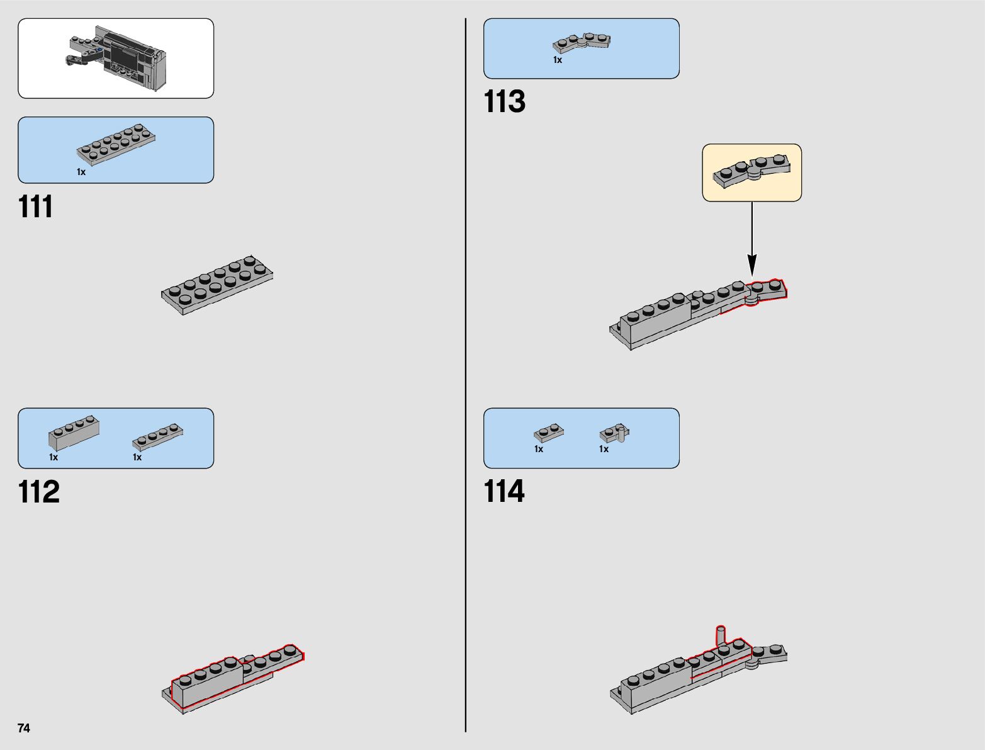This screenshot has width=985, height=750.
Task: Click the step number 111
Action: (36, 207)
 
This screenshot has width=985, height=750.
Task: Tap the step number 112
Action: (39, 492)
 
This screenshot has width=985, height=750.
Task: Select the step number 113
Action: (504, 101)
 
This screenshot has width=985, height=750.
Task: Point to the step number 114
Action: (504, 491)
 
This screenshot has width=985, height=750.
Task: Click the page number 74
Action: (24, 728)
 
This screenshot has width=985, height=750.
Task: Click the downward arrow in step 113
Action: (751, 239)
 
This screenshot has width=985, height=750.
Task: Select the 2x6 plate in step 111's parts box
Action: (116, 145)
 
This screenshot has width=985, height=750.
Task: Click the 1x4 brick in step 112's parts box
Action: (74, 433)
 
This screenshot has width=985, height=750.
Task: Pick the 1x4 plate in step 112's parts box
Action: (158, 436)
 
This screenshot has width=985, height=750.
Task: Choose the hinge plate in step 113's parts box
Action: (582, 43)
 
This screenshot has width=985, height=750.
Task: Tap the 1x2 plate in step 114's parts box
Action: (548, 433)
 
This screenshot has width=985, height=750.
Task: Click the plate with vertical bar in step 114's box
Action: (614, 433)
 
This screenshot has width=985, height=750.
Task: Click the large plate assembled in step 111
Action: (217, 285)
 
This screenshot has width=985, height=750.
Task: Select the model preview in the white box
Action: (116, 58)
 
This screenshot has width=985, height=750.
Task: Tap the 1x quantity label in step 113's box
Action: (558, 60)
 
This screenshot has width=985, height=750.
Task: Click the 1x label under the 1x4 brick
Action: (53, 457)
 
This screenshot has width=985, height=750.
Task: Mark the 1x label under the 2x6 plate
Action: (81, 172)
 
